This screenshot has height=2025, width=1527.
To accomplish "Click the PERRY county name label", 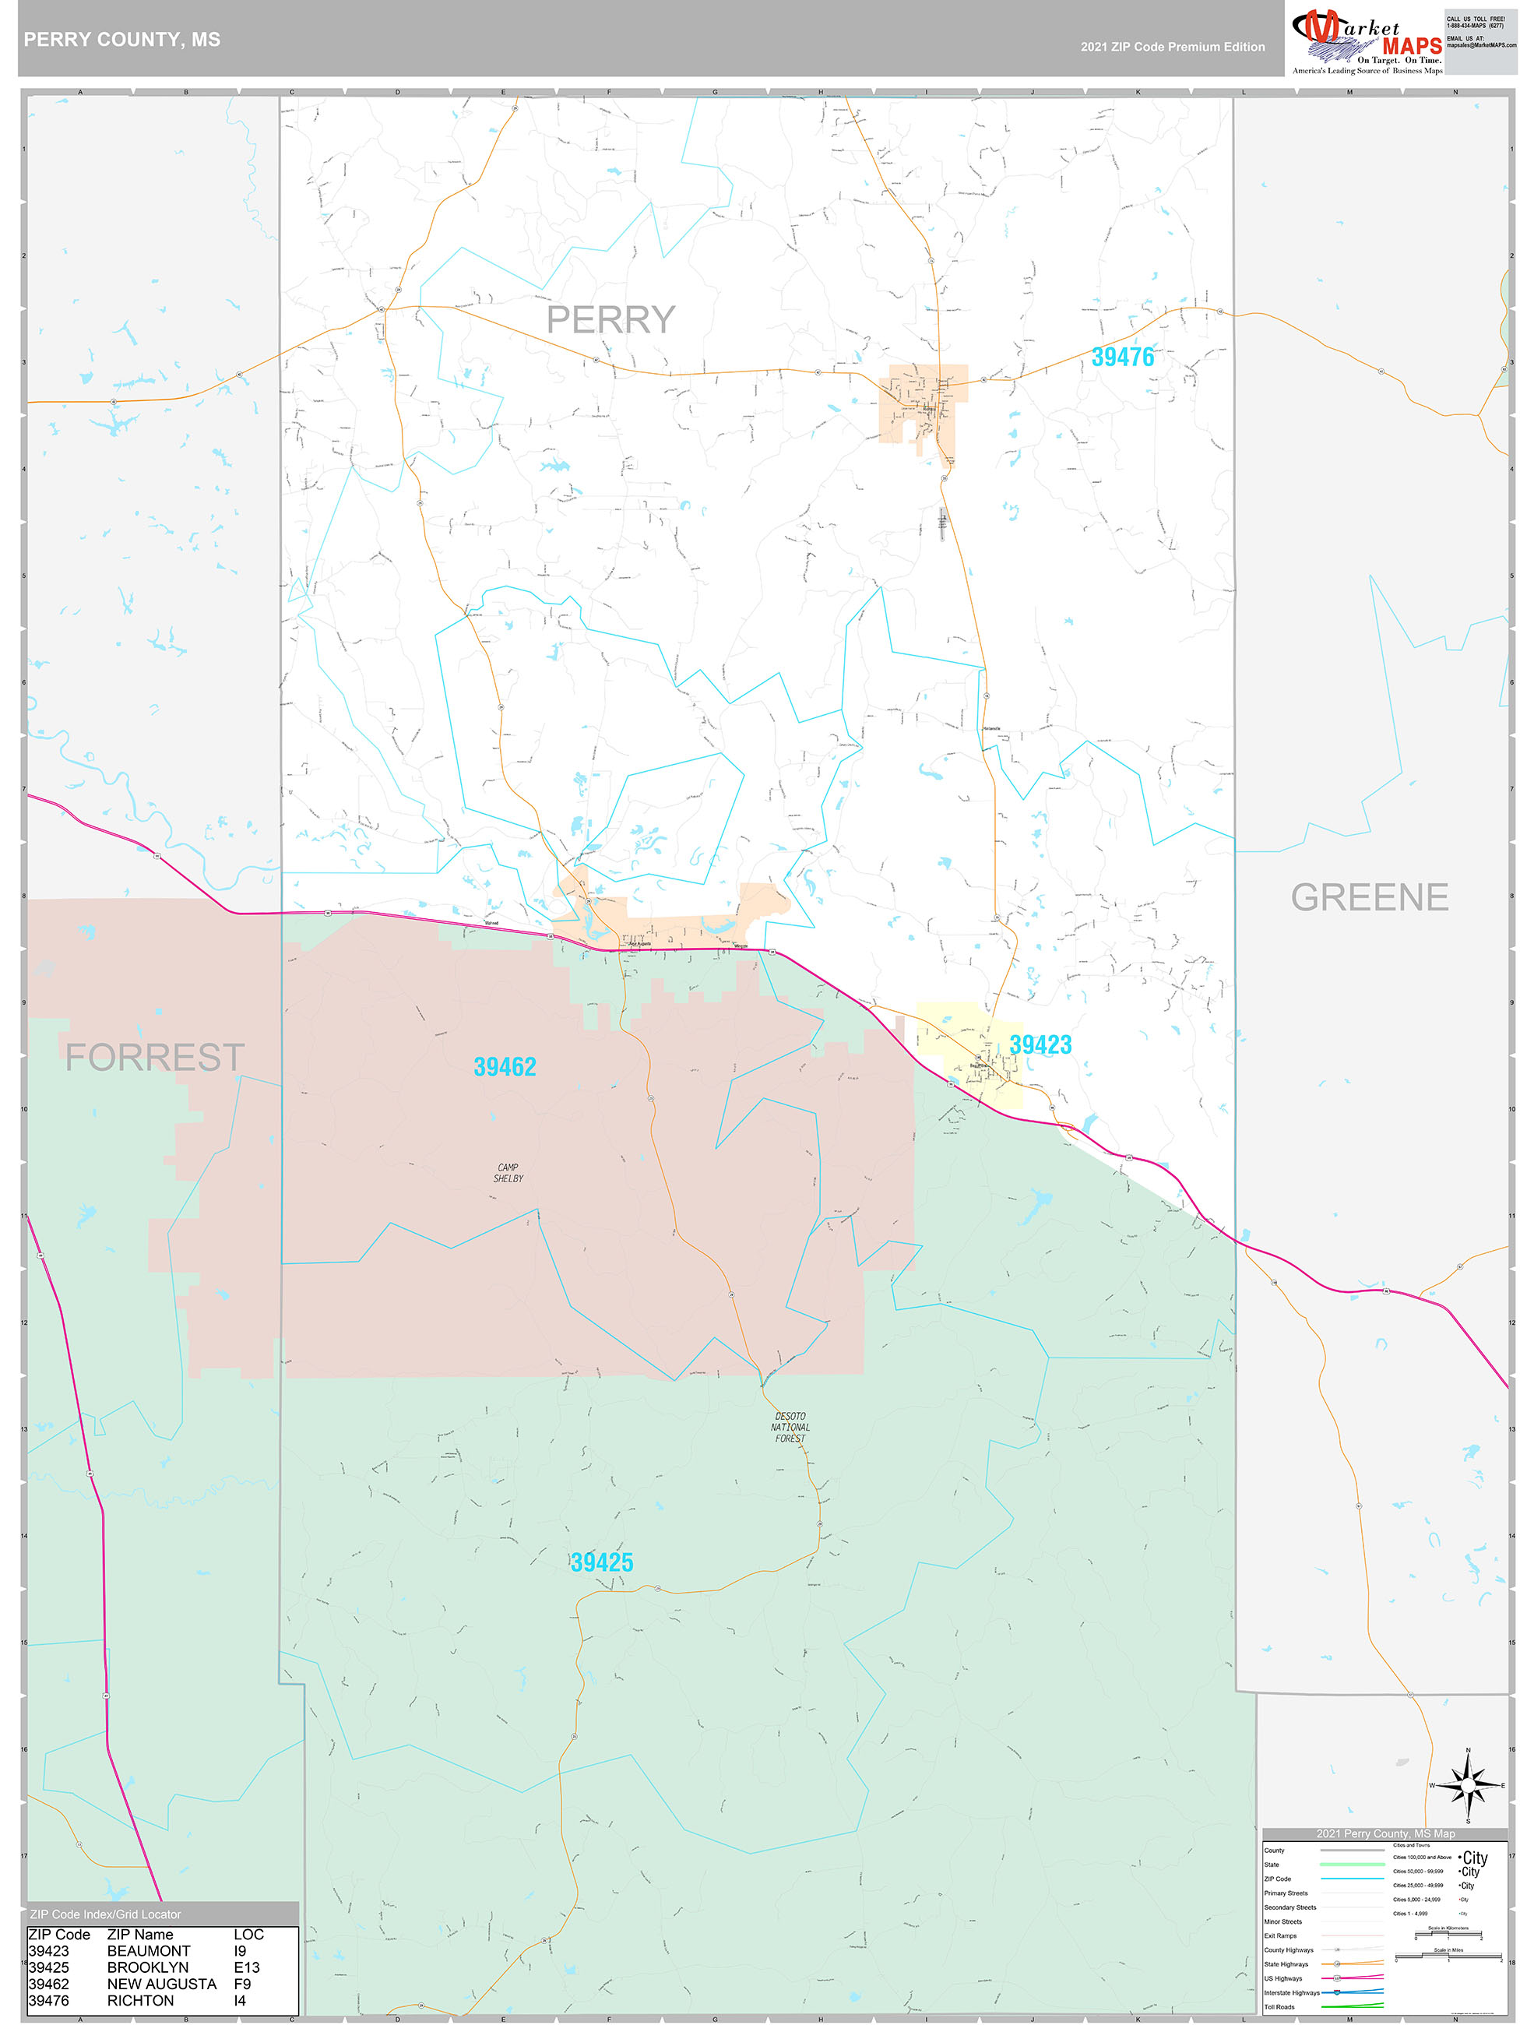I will click(x=610, y=319).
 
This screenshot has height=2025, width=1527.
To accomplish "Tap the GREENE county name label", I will click(x=1369, y=897).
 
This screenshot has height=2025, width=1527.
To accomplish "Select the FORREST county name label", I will click(x=154, y=1058).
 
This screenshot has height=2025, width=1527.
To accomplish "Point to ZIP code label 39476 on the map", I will click(x=1122, y=357).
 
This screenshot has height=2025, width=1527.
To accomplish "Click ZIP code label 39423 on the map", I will click(x=1040, y=1044).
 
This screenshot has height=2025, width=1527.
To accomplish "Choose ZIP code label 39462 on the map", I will click(x=505, y=1066).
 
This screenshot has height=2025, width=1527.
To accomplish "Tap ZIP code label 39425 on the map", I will click(x=601, y=1562).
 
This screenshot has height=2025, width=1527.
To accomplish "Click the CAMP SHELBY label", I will click(x=508, y=1173).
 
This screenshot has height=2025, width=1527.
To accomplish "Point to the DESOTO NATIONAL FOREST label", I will click(x=790, y=1427).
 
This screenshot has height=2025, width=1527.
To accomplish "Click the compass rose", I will click(x=1468, y=1785).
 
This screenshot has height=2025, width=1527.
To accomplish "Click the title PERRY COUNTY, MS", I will click(x=121, y=40).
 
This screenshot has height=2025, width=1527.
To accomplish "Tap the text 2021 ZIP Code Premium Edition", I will click(x=1172, y=47).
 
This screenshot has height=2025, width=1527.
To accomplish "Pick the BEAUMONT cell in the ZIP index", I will click(x=148, y=1951).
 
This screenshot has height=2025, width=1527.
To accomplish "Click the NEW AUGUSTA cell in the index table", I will click(x=161, y=1984).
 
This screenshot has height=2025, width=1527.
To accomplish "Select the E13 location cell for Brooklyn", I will click(x=246, y=1967).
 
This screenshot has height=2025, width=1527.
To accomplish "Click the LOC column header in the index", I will click(x=248, y=1935).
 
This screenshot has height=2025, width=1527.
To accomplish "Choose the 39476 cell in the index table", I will click(x=48, y=2000).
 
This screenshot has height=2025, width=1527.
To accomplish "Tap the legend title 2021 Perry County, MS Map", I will click(x=1385, y=1833).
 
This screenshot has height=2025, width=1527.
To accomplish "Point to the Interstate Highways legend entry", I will click(x=1292, y=1992).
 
